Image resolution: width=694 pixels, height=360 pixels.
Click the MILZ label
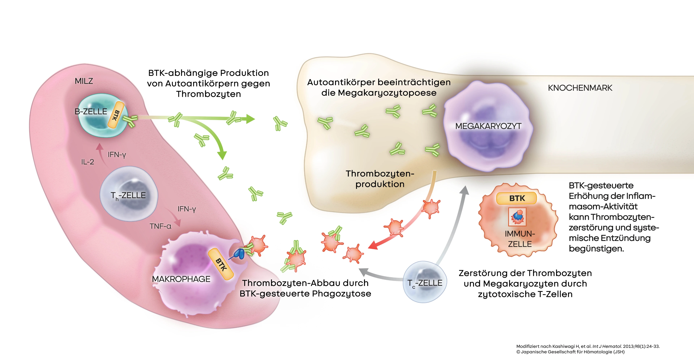[84, 81]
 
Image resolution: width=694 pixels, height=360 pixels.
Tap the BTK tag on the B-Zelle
[116, 115]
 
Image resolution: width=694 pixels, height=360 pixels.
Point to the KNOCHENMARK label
[580, 88]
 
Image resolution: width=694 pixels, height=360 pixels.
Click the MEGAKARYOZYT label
[488, 126]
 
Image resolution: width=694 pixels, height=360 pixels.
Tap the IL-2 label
[87, 162]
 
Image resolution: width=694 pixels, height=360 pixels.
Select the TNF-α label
[160, 226]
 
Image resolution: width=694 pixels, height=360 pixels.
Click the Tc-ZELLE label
[425, 283]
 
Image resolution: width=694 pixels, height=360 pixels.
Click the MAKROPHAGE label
[181, 279]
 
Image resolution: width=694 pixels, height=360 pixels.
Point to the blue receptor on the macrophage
[239, 253]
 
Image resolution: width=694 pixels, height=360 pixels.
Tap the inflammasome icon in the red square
[517, 217]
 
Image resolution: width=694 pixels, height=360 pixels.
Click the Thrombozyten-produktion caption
[380, 179]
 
